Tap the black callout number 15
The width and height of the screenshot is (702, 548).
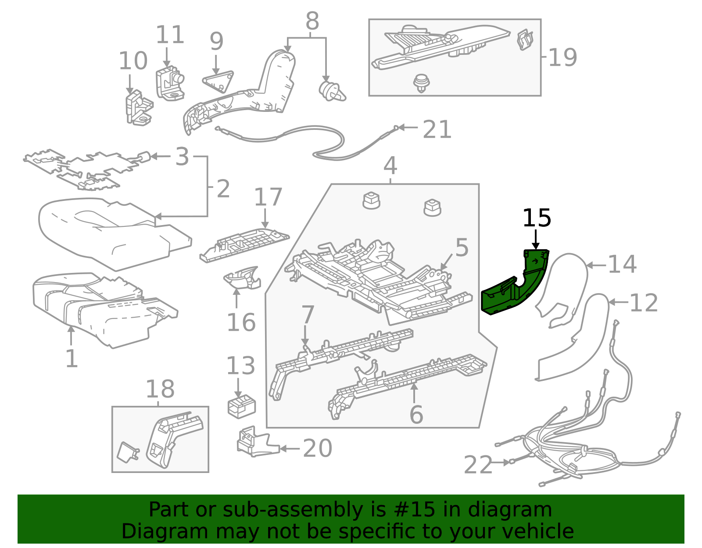pos(536,218)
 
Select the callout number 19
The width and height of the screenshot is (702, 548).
pos(562,57)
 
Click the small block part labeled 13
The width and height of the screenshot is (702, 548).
pos(241,406)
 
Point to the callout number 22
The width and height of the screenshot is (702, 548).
pos(478,465)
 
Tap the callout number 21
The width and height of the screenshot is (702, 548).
pos(437,129)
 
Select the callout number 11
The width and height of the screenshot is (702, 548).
pos(170,35)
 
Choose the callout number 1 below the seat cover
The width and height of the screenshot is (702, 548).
pos(71,358)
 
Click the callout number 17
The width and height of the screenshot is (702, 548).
pos(268,197)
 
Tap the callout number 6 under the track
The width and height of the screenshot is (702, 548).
pos(415,415)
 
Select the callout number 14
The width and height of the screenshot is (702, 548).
pos(622,264)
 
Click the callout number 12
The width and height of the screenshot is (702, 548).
pos(643,303)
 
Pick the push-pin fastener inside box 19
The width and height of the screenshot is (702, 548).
pos(422,82)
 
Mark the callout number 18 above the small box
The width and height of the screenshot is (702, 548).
pos(160,389)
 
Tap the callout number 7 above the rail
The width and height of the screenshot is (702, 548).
pos(308,315)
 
